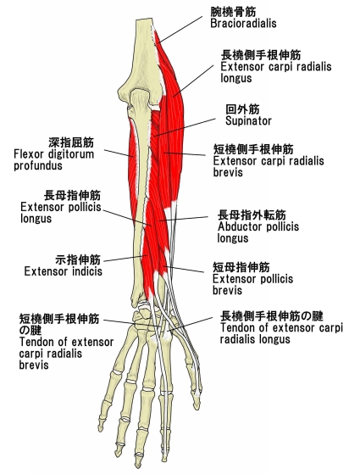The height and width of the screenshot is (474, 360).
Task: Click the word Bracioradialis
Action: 243,23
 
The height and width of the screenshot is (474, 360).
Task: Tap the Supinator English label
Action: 248,121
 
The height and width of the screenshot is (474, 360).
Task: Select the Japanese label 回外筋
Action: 242,109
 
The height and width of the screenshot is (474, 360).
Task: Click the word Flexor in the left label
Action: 29,153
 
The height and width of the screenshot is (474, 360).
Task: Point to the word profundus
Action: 38,165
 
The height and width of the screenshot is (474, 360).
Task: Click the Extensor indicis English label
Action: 64,271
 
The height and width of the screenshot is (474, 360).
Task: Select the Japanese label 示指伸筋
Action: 78,259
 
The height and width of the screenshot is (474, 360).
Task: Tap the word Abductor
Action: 239,226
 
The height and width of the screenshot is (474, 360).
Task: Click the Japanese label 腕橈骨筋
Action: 233,12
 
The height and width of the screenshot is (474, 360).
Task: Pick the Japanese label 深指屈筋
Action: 71,142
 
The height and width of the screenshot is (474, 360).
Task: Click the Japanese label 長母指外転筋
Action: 252,215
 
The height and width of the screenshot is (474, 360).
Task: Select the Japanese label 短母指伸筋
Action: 241,267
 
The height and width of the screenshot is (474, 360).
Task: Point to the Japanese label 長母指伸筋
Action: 72,195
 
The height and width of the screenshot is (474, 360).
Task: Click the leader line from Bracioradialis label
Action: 180,30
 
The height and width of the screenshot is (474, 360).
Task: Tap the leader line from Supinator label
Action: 185,127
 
